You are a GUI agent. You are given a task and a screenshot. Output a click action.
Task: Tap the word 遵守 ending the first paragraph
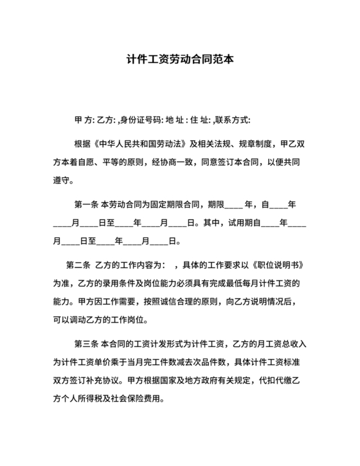pos(62,180)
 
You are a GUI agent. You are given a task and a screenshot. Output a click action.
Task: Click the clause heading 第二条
pos(78,265)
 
